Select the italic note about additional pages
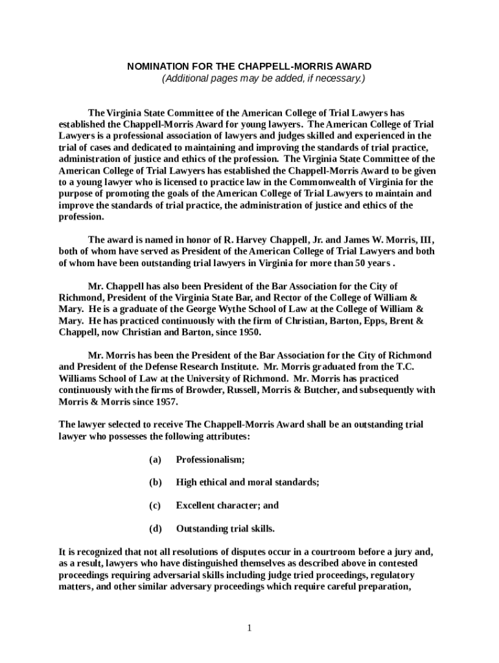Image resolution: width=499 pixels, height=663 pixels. click(263, 78)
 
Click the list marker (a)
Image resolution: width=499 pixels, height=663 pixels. click(155, 460)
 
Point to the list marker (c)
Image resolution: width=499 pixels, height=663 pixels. click(155, 505)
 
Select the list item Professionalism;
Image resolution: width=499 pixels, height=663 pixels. click(211, 460)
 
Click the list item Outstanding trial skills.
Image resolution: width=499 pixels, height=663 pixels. click(226, 528)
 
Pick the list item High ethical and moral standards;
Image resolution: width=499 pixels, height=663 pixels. click(248, 482)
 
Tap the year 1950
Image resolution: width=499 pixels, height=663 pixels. click(248, 332)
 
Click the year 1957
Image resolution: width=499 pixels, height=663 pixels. click(165, 401)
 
